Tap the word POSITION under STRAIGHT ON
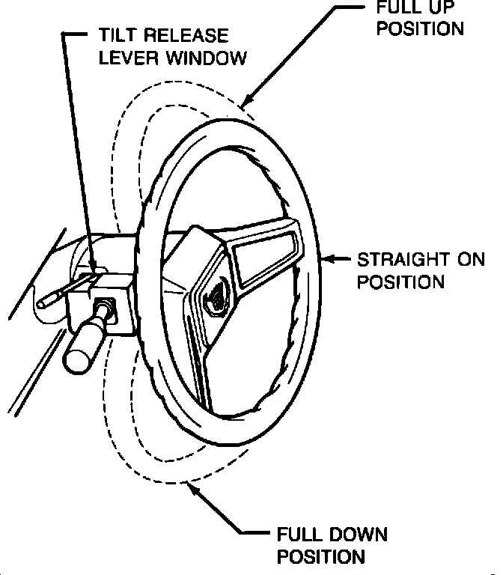click(400, 282)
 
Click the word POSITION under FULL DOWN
click(321, 557)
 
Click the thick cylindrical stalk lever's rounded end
click(76, 360)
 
